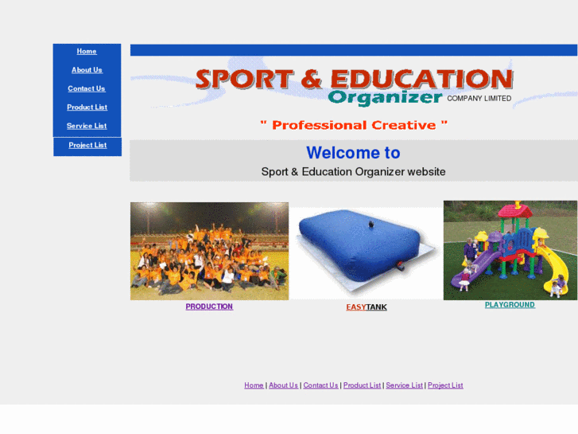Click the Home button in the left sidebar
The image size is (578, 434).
pos(87,52)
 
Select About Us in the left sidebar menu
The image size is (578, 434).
pos(87,70)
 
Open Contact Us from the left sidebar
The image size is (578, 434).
pos(87,88)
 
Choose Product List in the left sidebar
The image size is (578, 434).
pos(87,108)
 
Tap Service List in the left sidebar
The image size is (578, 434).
pos(87,126)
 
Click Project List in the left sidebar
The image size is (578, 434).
pos(87,145)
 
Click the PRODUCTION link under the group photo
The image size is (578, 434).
pos(209,307)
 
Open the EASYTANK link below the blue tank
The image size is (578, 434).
pos(367,307)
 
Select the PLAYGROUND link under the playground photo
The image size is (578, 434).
pos(510,305)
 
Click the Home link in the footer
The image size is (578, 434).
pos(254,385)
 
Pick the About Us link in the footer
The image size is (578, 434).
pos(283,385)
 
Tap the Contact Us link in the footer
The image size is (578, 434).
pos(320,385)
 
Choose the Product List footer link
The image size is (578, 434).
pos(362,385)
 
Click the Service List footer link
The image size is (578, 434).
pos(404,385)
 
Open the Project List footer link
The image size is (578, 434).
pos(445,385)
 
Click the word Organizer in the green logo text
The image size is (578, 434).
pos(385,98)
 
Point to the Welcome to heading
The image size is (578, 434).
pos(353,153)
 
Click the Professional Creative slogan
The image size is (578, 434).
pos(354,125)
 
